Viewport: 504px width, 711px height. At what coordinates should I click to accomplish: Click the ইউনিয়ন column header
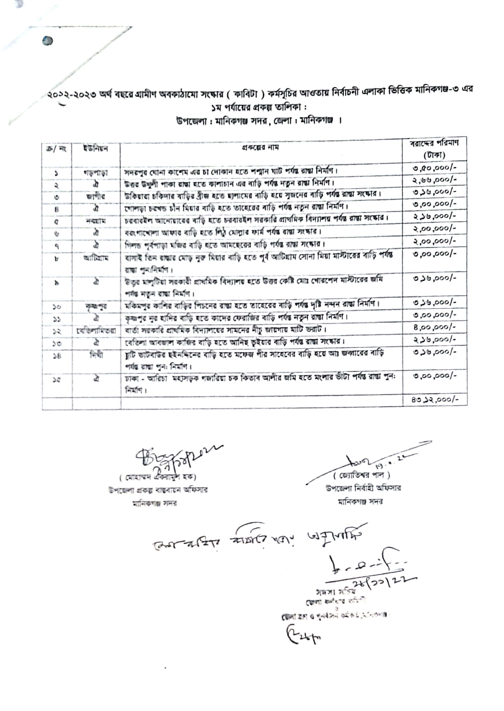click(x=96, y=149)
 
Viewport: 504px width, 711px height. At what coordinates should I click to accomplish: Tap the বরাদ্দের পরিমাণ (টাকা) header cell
click(x=434, y=149)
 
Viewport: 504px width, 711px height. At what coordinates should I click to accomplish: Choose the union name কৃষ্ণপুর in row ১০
click(x=96, y=306)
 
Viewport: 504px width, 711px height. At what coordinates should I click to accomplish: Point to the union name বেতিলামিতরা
click(x=96, y=331)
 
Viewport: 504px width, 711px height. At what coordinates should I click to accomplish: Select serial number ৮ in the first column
click(x=56, y=259)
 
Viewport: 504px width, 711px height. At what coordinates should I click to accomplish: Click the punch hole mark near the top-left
click(x=47, y=41)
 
